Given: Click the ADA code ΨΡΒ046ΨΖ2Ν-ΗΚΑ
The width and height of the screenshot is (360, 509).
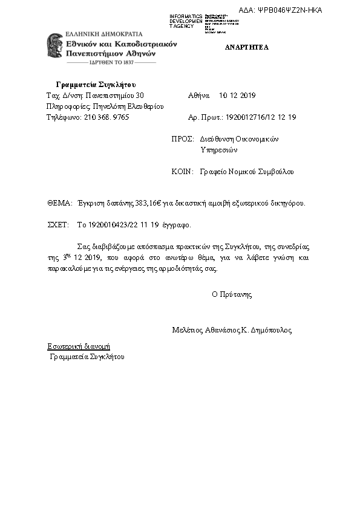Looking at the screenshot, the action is click(289, 10).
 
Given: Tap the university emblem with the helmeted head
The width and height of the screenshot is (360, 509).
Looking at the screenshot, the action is click(56, 46).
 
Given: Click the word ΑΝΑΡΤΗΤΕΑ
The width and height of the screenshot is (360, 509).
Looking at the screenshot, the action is click(247, 47).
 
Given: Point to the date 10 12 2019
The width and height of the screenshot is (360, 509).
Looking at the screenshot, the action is click(238, 96).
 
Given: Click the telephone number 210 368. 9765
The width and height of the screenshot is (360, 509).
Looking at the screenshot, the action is click(106, 117).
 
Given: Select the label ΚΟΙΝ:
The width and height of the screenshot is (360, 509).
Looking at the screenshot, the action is click(182, 172).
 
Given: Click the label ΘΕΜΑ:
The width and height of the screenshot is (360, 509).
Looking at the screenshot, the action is click(59, 204).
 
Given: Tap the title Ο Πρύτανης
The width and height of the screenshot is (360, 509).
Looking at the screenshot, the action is click(232, 295).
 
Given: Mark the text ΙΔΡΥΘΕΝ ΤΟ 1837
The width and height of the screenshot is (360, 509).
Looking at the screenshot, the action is click(111, 62).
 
